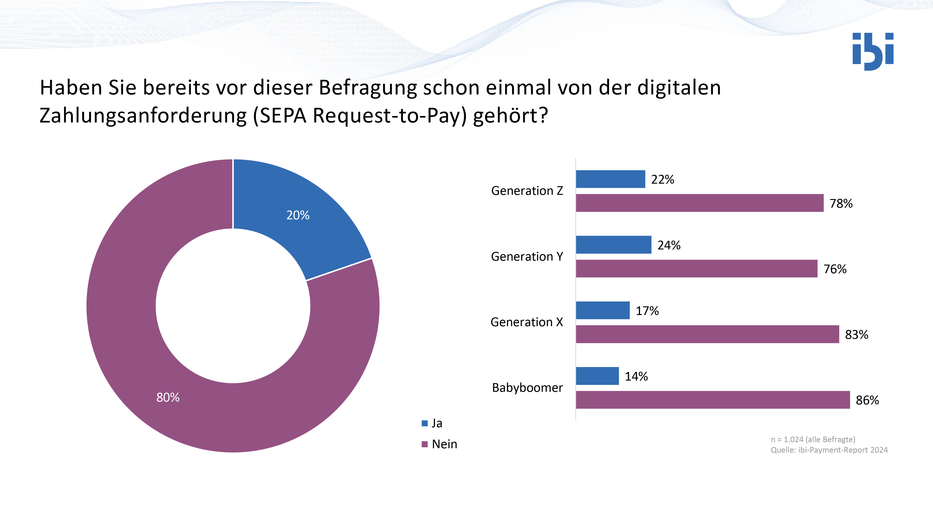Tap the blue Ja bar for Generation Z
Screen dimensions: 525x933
pos(610,179)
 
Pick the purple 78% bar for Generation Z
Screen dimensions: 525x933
pos(699,203)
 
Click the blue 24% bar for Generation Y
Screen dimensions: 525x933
pos(613,245)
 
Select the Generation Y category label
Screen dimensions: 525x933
pos(527,256)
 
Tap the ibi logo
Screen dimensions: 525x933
pos(873,51)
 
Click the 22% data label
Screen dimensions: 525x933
pos(662,179)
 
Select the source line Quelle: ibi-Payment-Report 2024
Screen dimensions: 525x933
pos(829,450)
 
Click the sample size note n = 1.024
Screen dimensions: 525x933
pos(813,440)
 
